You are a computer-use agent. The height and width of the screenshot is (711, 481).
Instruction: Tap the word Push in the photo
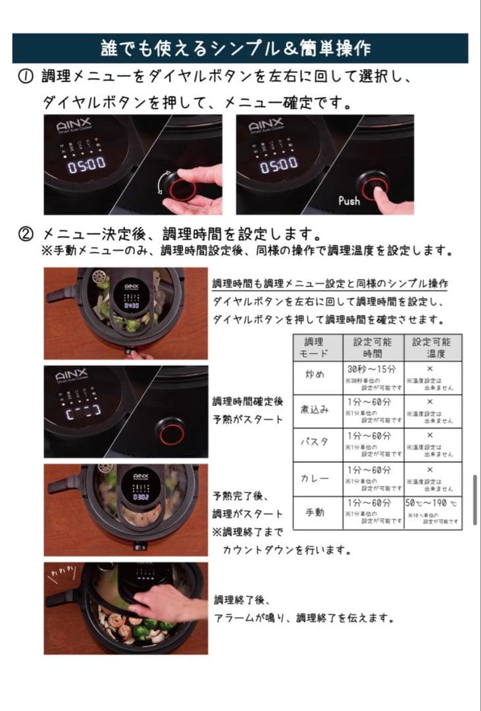coord(349,200)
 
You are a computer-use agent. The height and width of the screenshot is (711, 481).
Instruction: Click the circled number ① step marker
coord(24,77)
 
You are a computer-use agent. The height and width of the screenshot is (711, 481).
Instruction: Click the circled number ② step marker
coord(24,234)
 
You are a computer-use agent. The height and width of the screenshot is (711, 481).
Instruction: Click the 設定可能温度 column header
coord(432,348)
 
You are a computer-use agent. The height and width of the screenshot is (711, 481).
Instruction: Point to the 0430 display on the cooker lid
coord(131,306)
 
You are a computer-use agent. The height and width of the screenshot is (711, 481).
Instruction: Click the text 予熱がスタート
coord(247,419)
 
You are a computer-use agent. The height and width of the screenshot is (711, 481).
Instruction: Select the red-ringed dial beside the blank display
coord(170,432)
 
